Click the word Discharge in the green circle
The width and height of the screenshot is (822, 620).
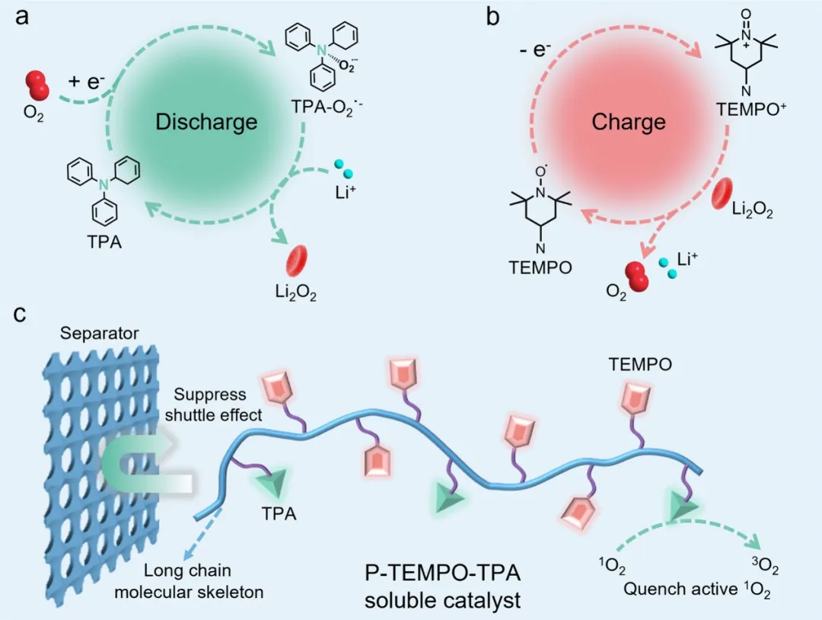coord(206,122)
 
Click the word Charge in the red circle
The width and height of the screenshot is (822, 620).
coord(629,122)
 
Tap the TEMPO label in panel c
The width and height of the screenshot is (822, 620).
coord(640,365)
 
